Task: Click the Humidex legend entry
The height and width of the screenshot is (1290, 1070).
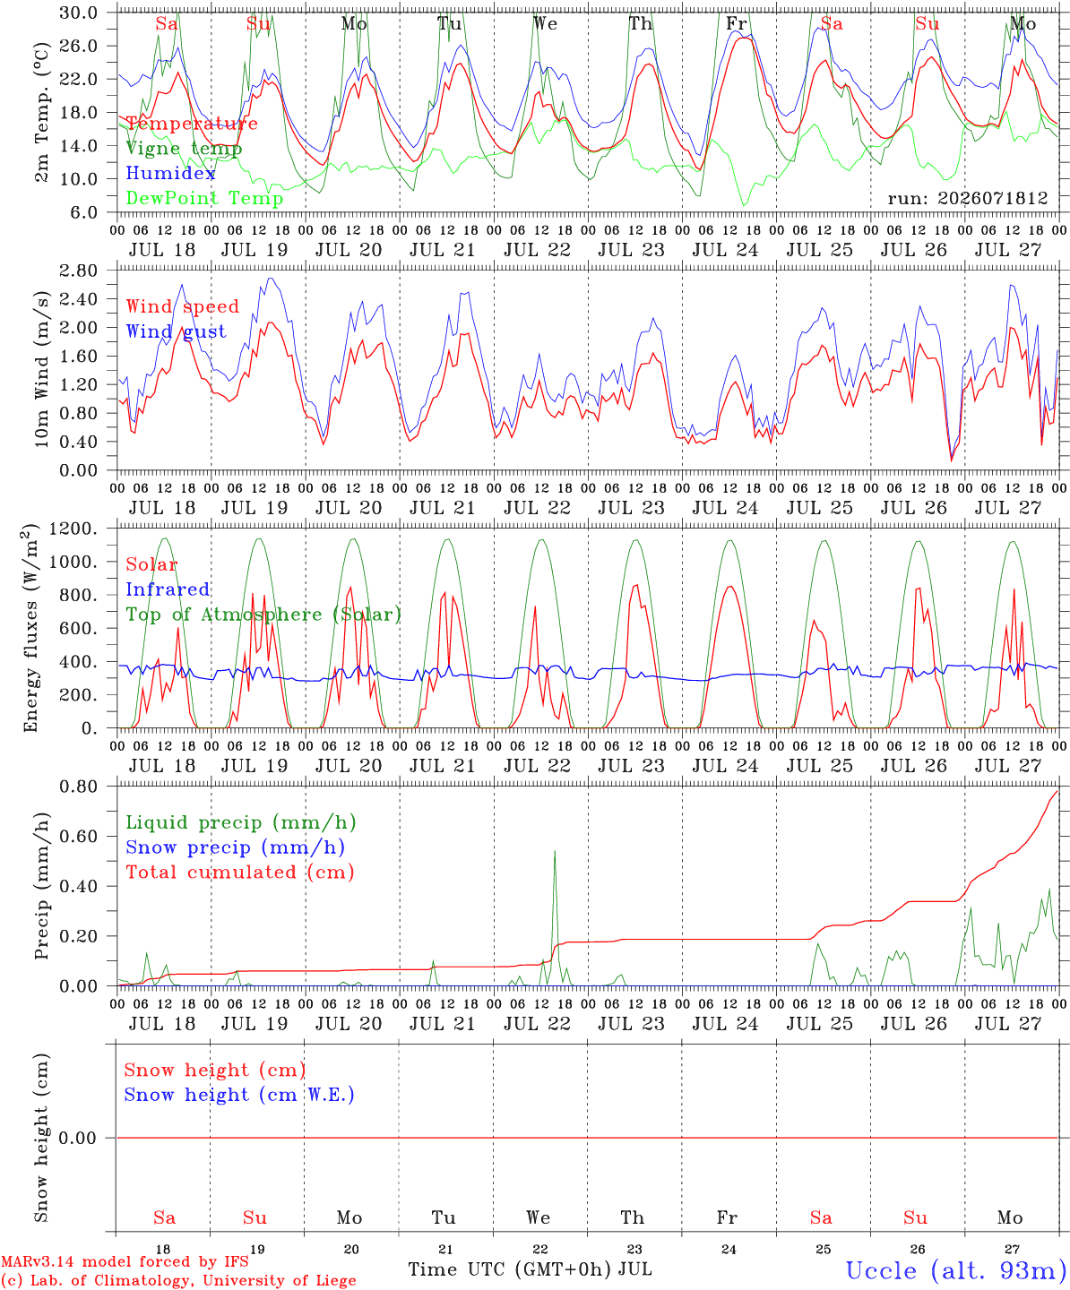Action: click(x=170, y=173)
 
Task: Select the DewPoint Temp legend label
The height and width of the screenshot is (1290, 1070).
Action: click(x=204, y=198)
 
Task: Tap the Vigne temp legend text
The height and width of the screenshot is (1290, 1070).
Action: click(x=184, y=149)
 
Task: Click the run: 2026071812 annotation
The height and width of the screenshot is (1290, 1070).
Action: click(x=967, y=198)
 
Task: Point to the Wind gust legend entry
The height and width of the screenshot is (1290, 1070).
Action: click(x=177, y=331)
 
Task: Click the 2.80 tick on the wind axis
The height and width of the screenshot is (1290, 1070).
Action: click(x=79, y=271)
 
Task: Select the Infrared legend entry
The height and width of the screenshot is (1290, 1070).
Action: click(x=168, y=589)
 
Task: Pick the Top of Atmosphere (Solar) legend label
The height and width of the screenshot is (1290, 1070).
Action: click(x=264, y=615)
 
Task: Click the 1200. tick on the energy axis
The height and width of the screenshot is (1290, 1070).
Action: click(x=73, y=529)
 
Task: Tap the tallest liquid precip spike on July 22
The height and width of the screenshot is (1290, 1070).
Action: click(x=555, y=852)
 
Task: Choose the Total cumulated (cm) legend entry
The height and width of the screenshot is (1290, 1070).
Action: click(x=240, y=872)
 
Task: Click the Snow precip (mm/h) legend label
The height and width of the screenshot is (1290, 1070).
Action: click(x=235, y=847)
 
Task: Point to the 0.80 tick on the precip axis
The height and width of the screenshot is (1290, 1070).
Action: click(x=79, y=787)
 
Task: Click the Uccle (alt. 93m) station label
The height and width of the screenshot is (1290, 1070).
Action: click(x=957, y=1270)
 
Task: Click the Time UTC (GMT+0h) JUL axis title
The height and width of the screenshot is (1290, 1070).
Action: click(x=530, y=1269)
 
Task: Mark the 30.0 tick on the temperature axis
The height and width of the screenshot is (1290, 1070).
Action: click(x=79, y=13)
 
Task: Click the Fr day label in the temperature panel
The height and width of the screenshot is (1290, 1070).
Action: click(x=737, y=23)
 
